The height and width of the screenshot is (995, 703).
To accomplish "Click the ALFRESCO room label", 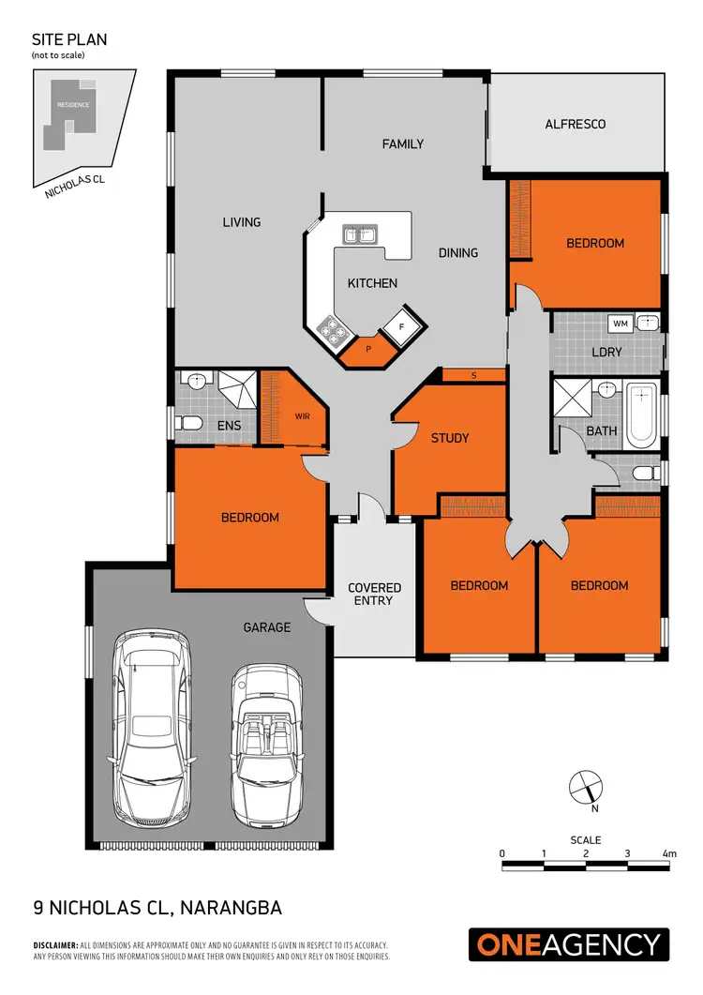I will point(576,124).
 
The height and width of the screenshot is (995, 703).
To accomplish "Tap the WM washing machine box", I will point(620,324).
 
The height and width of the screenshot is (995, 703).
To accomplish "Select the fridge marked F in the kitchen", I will point(401,326).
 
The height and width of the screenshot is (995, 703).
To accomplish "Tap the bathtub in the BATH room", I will point(642,415).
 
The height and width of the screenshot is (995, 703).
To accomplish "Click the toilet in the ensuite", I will point(190,424).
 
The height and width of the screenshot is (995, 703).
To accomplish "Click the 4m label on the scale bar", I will point(668,853).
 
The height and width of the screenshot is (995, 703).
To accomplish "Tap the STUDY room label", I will point(450,438).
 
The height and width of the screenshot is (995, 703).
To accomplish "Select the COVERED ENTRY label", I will point(374,594).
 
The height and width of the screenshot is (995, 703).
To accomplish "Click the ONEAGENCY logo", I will point(569,944).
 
